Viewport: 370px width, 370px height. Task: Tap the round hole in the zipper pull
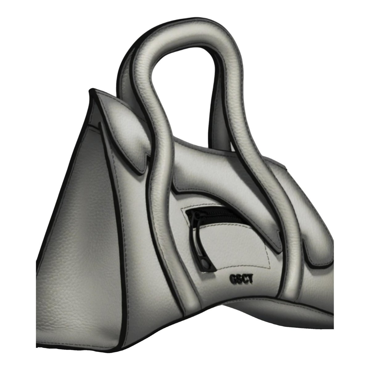[x=205, y=262]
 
